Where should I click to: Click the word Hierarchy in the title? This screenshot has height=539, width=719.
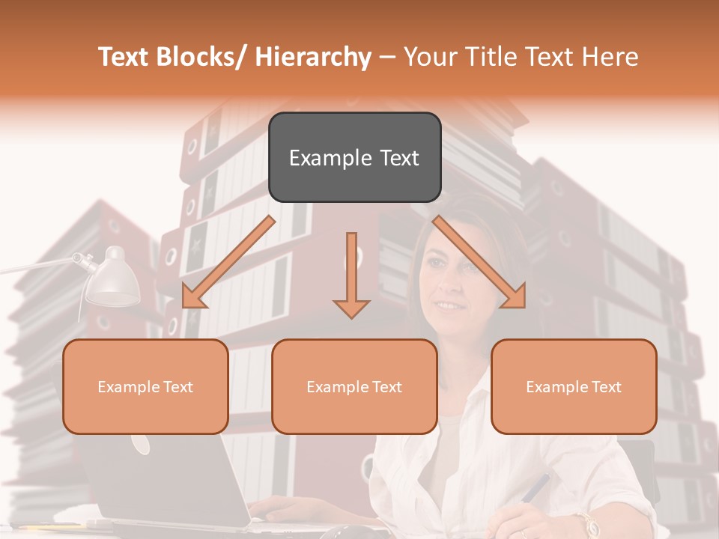coord(313,57)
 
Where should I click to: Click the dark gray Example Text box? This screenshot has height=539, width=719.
coord(354,158)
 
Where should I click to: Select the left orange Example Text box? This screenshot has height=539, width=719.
coord(145,387)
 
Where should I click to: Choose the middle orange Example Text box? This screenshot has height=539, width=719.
coord(354,387)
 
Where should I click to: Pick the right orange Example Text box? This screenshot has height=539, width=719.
coord(574,387)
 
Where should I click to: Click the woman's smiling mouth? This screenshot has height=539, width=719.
coord(449,305)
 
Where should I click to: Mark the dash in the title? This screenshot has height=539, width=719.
coord(387,57)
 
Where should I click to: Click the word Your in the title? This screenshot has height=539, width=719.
coord(430,57)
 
